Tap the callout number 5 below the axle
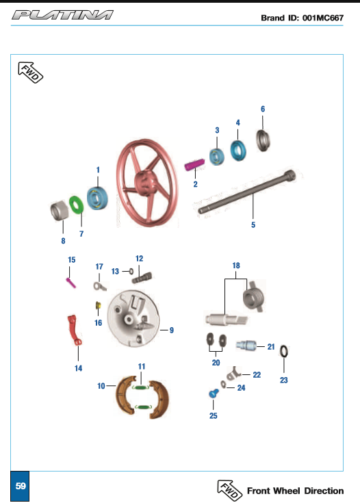(253, 224)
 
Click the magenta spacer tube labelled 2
(195, 166)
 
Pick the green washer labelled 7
(77, 204)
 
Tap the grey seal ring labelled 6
(263, 140)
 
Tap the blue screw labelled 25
(212, 394)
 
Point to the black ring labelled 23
(284, 352)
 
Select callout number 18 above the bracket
(236, 264)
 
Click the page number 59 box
(21, 486)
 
